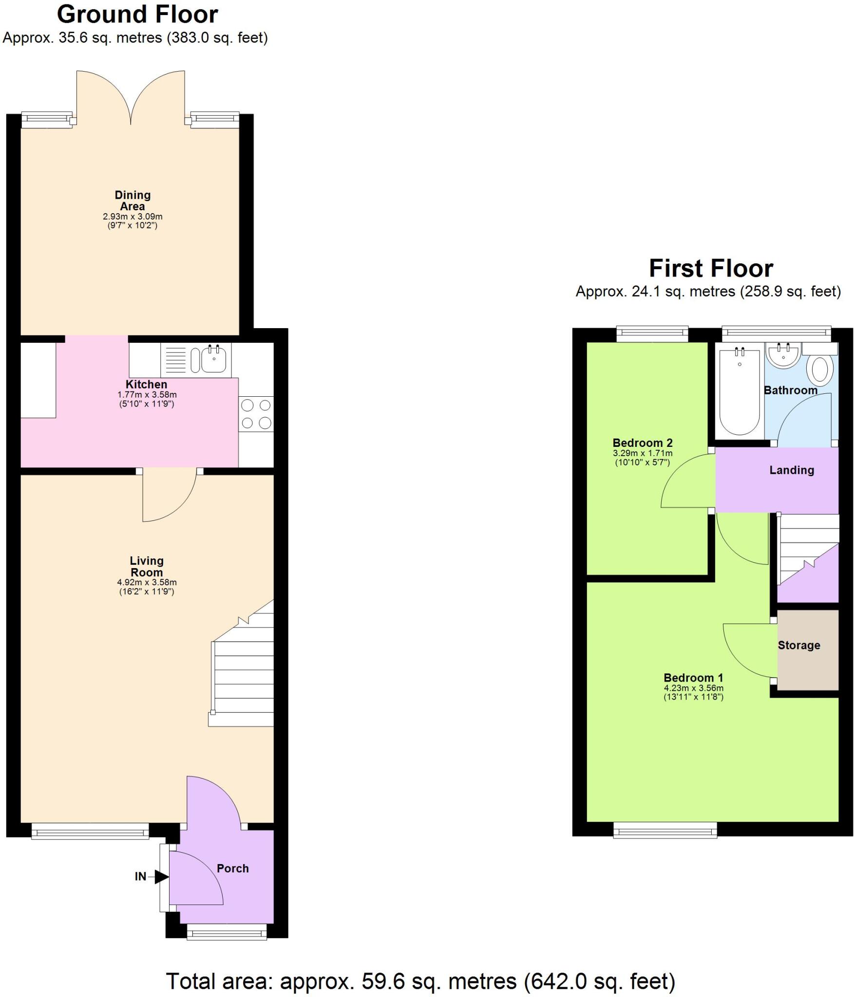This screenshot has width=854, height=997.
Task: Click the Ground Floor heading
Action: (137, 15)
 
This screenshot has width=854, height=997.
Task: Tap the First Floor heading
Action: (710, 269)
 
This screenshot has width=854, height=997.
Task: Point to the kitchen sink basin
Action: (213, 361)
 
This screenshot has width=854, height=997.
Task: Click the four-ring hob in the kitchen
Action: (256, 414)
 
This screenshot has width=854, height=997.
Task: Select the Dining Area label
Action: (133, 201)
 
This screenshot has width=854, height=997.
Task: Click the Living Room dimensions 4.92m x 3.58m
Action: (147, 582)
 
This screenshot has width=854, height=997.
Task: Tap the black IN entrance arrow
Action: (161, 877)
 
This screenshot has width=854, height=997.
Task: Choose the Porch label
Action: (232, 868)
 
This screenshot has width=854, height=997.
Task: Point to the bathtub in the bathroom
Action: (739, 392)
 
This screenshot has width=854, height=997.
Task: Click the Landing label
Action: (791, 470)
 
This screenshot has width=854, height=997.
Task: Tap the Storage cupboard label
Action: (798, 646)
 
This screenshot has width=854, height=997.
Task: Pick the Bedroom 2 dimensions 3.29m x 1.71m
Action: (642, 453)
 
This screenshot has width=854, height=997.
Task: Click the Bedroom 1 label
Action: (693, 678)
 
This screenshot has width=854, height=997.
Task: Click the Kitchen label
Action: (146, 384)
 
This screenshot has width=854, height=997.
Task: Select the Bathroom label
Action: (790, 390)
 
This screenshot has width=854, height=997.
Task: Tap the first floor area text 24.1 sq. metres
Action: (708, 292)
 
